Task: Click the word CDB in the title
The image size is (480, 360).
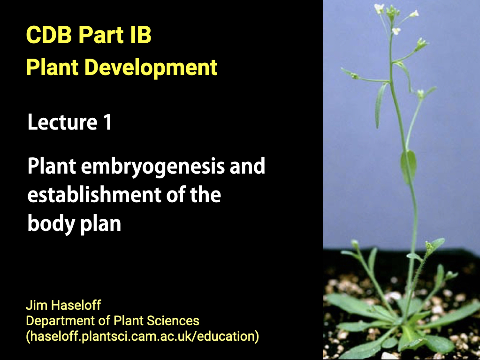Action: coord(49,35)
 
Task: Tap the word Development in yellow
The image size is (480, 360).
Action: coord(151,68)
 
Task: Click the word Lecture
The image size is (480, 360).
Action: coord(62,122)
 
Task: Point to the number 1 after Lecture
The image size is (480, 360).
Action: coord(107,122)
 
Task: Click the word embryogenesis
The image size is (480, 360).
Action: coord(153,167)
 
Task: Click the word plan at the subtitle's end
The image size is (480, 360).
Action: coord(101,224)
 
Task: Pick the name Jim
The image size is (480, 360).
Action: coord(37,305)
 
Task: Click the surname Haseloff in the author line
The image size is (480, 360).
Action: coord(76,305)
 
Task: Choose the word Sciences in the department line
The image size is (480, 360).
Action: coord(173,321)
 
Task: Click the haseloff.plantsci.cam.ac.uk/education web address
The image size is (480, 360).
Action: coord(142,336)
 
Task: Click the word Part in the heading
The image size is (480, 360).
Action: coord(101,35)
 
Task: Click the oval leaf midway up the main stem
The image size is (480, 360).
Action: coord(409,166)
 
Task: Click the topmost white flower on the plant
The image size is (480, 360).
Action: coord(380,8)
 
